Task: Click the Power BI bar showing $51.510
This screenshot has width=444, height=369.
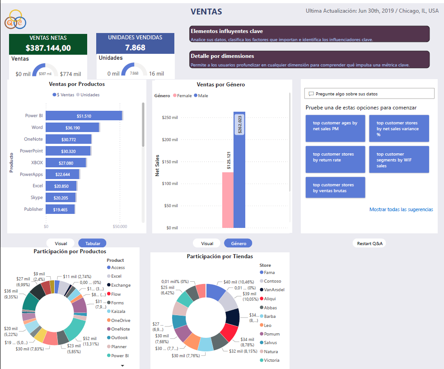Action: tap(84, 116)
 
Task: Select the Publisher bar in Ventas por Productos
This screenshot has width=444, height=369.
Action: tap(60, 209)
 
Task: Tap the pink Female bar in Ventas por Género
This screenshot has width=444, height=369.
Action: tap(228, 200)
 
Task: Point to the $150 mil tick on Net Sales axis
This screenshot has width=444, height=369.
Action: tap(169, 161)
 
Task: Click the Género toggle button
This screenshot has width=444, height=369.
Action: tap(238, 243)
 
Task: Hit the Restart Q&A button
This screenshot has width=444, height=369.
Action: tap(369, 243)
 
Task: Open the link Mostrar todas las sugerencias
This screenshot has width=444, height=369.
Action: tap(401, 209)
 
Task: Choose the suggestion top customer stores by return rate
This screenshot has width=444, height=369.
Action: tap(335, 157)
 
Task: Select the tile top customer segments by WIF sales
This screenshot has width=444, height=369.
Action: tap(399, 160)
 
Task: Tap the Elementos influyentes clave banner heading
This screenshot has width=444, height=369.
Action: tap(227, 31)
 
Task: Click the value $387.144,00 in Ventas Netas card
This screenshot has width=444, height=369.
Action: tap(48, 47)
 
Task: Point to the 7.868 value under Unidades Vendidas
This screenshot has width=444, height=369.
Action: tap(135, 47)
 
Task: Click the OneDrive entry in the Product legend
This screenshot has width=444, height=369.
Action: tap(120, 320)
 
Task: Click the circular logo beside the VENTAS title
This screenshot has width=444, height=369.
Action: tap(15, 19)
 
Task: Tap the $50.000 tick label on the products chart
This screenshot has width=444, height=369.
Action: tap(120, 226)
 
